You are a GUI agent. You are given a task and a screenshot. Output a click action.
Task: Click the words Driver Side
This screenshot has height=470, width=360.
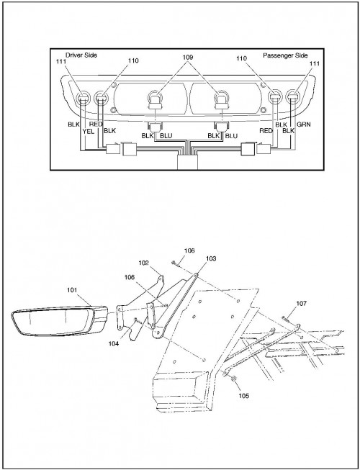(x=81, y=55)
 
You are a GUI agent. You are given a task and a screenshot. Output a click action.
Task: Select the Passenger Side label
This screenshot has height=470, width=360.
(x=285, y=55)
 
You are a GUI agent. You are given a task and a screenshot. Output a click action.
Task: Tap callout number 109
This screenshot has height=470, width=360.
(x=188, y=57)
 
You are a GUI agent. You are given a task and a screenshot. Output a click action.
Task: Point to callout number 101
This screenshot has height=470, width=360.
(x=72, y=290)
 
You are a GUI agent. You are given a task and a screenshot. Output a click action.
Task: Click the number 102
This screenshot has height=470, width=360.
(x=143, y=263)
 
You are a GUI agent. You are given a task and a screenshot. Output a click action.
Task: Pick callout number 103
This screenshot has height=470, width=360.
(x=211, y=258)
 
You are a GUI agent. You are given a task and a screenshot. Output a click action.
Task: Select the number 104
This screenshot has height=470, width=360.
(x=114, y=343)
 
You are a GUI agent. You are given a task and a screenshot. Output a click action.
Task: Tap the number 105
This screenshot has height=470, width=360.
(x=243, y=396)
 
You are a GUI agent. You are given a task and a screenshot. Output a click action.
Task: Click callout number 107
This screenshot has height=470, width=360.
(x=301, y=303)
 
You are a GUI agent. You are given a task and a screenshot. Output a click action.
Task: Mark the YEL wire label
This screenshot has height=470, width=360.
(x=89, y=131)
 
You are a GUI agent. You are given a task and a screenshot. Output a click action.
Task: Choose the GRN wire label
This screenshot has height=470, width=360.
(x=303, y=124)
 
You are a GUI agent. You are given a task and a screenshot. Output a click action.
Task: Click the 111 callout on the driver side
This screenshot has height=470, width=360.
(x=61, y=61)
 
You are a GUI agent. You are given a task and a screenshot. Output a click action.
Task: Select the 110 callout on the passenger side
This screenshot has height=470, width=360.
(x=241, y=58)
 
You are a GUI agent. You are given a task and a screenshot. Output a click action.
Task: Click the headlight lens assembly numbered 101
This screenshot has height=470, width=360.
(x=59, y=321)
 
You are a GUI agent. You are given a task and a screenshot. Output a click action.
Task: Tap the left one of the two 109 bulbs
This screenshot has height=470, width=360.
(x=155, y=100)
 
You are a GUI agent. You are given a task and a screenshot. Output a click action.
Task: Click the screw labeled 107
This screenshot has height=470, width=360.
(x=284, y=319)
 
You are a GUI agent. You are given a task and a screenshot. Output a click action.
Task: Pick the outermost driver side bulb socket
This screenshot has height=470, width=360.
(x=83, y=97)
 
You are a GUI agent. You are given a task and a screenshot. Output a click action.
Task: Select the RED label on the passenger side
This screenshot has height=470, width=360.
(x=266, y=131)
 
